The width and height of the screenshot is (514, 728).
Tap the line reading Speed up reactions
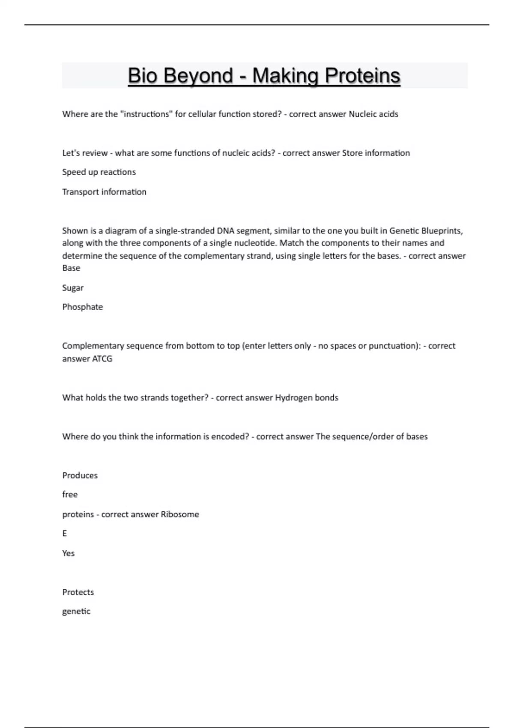tap(99, 172)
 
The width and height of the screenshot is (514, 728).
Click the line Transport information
tap(104, 192)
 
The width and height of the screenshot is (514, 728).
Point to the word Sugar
tap(73, 288)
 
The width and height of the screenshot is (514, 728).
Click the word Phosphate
tap(83, 307)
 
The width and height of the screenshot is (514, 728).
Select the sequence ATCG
tap(102, 359)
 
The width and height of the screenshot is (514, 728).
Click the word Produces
tap(80, 475)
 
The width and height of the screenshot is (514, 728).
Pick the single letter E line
tap(65, 534)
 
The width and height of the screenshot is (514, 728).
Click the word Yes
tap(69, 553)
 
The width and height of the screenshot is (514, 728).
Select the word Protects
tap(78, 592)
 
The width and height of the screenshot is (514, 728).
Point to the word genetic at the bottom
tap(76, 612)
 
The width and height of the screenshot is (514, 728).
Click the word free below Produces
tap(70, 495)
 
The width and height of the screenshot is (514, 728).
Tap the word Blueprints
tap(442, 231)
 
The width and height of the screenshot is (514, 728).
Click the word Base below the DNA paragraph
tap(71, 268)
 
